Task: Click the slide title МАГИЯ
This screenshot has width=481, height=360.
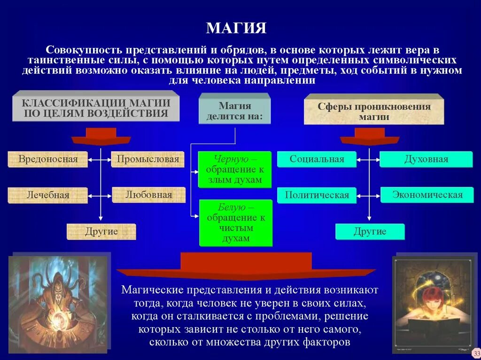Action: pyautogui.click(x=236, y=28)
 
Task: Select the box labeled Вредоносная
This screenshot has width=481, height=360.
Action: pyautogui.click(x=48, y=159)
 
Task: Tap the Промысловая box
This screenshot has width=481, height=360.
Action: pyautogui.click(x=148, y=159)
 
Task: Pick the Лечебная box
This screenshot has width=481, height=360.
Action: pyautogui.click(x=47, y=195)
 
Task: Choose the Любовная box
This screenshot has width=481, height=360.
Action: pyautogui.click(x=148, y=194)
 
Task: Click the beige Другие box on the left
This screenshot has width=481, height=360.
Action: pyautogui.click(x=101, y=231)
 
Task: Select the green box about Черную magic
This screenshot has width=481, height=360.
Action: pyautogui.click(x=234, y=169)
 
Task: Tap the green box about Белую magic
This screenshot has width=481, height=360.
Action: pyautogui.click(x=236, y=222)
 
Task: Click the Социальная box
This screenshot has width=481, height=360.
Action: pyautogui.click(x=317, y=159)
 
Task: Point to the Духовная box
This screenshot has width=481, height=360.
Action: pyautogui.click(x=426, y=159)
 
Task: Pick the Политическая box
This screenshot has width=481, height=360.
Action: pyautogui.click(x=317, y=195)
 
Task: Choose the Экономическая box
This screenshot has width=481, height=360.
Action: pyautogui.click(x=427, y=194)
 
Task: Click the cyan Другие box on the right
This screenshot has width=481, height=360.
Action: pyautogui.click(x=370, y=231)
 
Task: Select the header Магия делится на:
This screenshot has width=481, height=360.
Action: pyautogui.click(x=235, y=111)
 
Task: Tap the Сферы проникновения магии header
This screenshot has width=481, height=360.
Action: pyautogui.click(x=374, y=111)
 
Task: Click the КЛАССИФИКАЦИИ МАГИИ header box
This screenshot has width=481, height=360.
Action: pyautogui.click(x=96, y=108)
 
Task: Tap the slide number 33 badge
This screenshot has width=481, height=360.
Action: pyautogui.click(x=476, y=353)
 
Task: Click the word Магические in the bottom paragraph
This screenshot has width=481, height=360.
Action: pyautogui.click(x=150, y=290)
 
